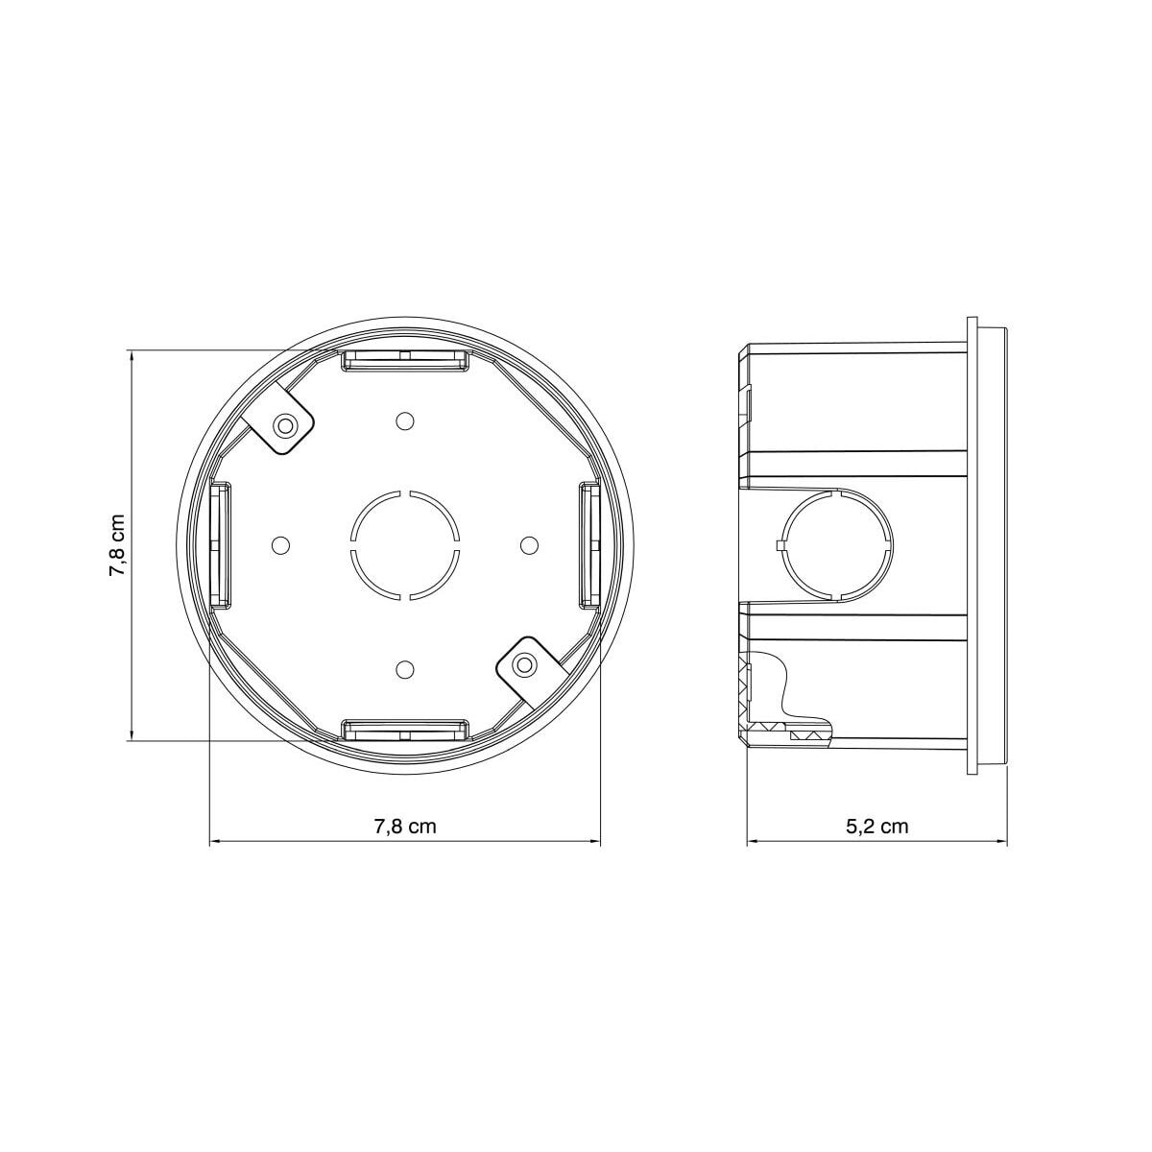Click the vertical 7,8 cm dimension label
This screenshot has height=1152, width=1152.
coord(116,544)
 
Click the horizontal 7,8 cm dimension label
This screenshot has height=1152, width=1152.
coord(404,827)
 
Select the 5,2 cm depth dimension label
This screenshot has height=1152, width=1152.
coord(877,827)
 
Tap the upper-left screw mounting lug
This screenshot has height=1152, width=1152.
coord(284,424)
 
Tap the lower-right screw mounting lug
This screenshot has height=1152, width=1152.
coord(523,665)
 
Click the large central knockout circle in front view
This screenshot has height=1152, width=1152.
coord(404,545)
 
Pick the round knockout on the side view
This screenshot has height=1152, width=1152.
coord(833,545)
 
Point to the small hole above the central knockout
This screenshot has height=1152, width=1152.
coord(404,421)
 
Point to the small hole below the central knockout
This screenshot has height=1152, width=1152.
coord(404,668)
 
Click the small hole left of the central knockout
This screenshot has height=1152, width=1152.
coord(280,545)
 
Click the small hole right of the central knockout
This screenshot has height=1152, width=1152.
coord(527,545)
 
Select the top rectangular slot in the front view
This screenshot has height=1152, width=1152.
coord(405,360)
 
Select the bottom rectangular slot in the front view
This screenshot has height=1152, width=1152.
coord(405,731)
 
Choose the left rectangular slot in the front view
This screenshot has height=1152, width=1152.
coord(220,545)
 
